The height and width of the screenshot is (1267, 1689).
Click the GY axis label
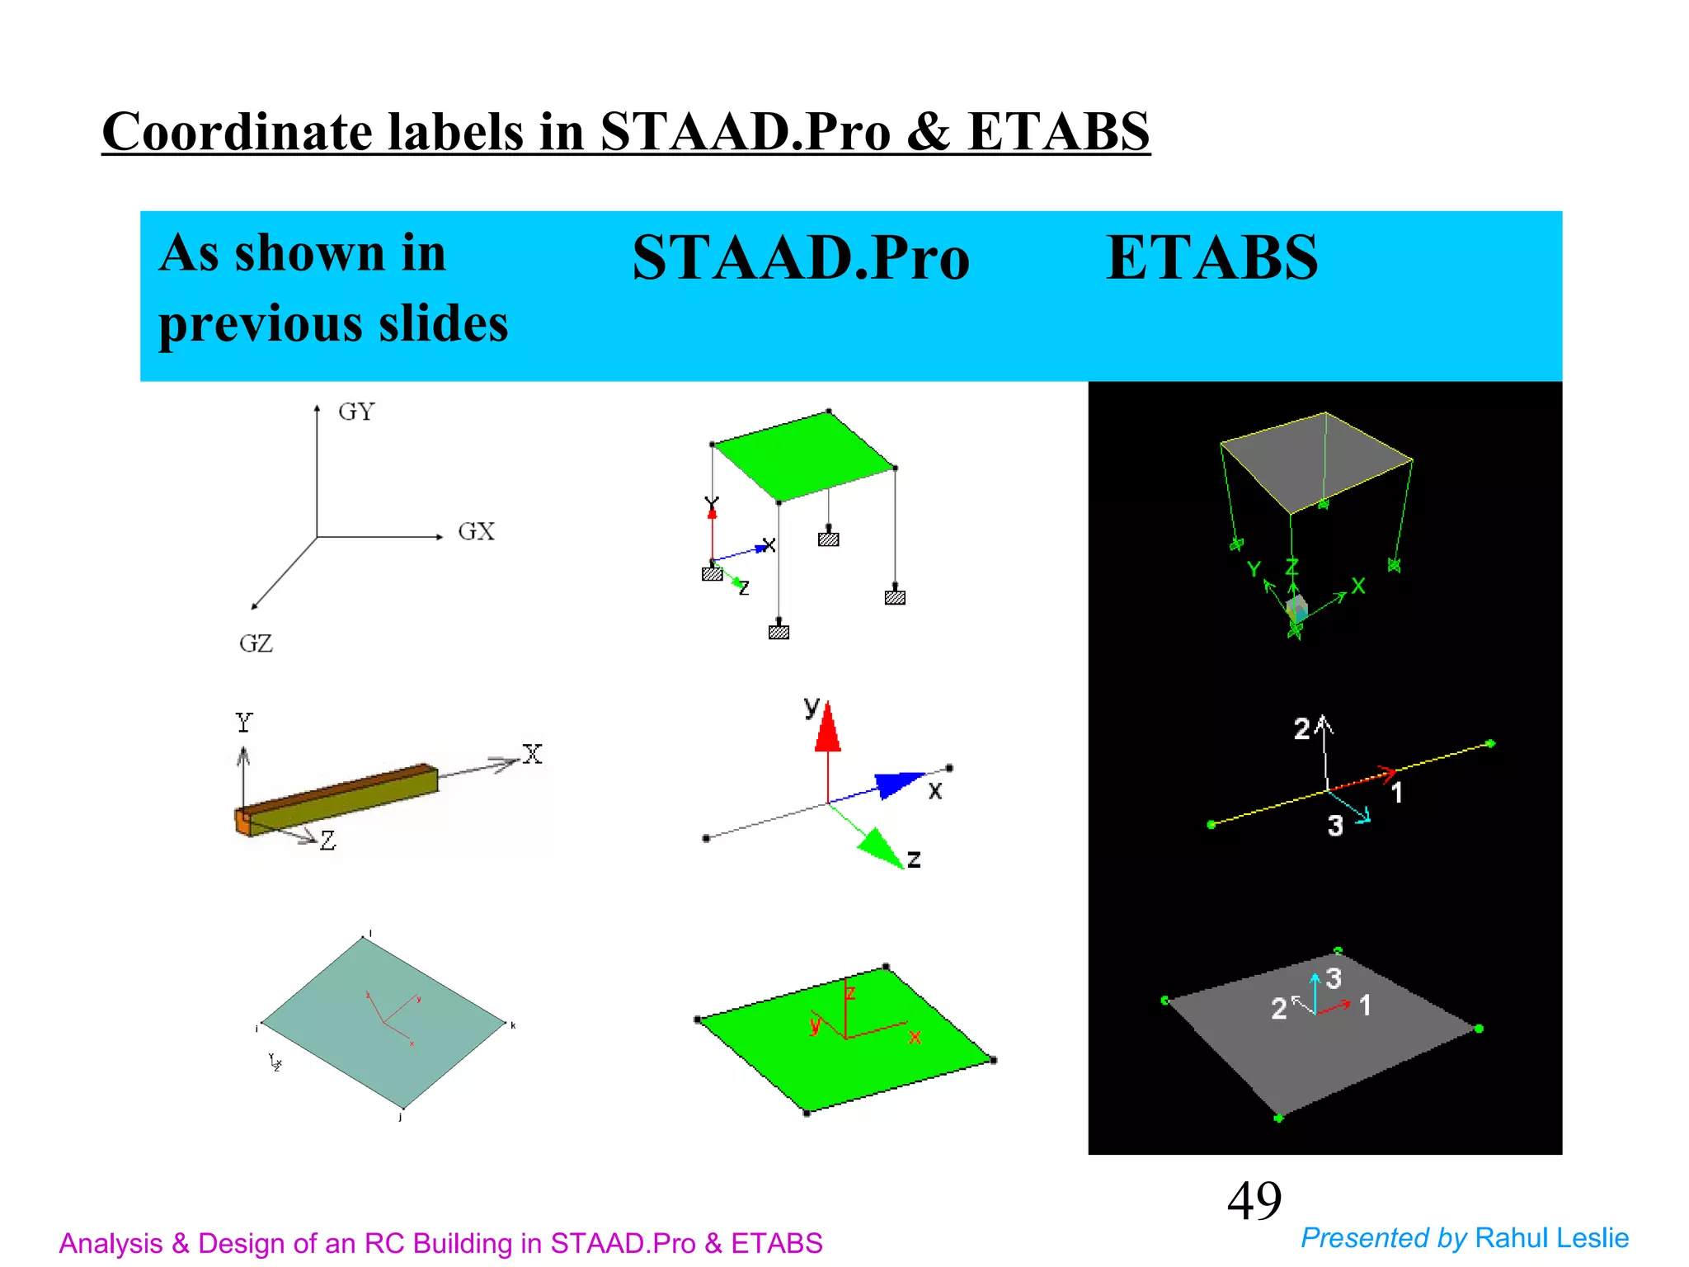[x=356, y=412]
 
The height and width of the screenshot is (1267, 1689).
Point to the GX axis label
[x=476, y=531]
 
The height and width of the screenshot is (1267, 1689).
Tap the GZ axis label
[x=256, y=643]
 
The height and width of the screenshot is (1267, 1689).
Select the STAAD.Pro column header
[x=800, y=258]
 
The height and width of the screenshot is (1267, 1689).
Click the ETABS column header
[x=1211, y=258]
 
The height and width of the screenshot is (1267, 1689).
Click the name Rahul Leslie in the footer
[x=1551, y=1238]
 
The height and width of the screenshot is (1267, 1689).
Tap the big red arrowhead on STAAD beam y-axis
[x=827, y=728]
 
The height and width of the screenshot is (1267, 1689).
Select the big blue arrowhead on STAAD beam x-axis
[x=898, y=783]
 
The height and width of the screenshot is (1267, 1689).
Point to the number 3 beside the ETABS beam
[x=1335, y=826]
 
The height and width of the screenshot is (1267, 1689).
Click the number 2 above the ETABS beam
[x=1301, y=729]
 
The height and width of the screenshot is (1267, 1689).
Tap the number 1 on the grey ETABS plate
[x=1365, y=1005]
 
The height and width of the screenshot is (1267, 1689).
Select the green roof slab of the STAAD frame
[x=803, y=455]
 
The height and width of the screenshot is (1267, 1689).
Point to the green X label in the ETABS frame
[x=1358, y=586]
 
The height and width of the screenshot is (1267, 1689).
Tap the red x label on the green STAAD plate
[x=915, y=1038]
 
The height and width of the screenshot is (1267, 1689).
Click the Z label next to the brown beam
[x=328, y=841]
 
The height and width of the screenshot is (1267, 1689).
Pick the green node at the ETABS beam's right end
[x=1490, y=744]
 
